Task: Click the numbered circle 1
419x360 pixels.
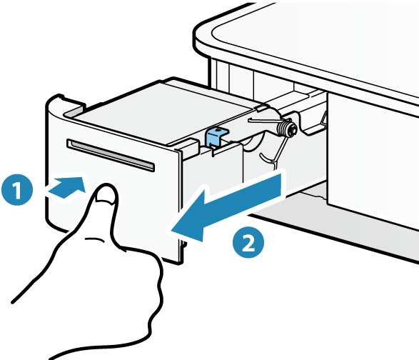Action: point(17,189)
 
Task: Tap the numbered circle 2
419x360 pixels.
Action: point(248,242)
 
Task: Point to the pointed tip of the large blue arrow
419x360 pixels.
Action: point(171,229)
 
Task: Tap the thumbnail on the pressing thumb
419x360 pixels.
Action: point(106,194)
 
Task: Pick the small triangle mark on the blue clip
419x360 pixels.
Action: point(219,130)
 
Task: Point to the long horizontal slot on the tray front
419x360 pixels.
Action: point(111,155)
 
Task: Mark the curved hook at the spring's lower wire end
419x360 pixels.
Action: point(267,158)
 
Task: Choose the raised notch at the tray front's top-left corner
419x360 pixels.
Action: point(59,96)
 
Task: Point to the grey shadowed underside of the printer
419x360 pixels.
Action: point(348,214)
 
